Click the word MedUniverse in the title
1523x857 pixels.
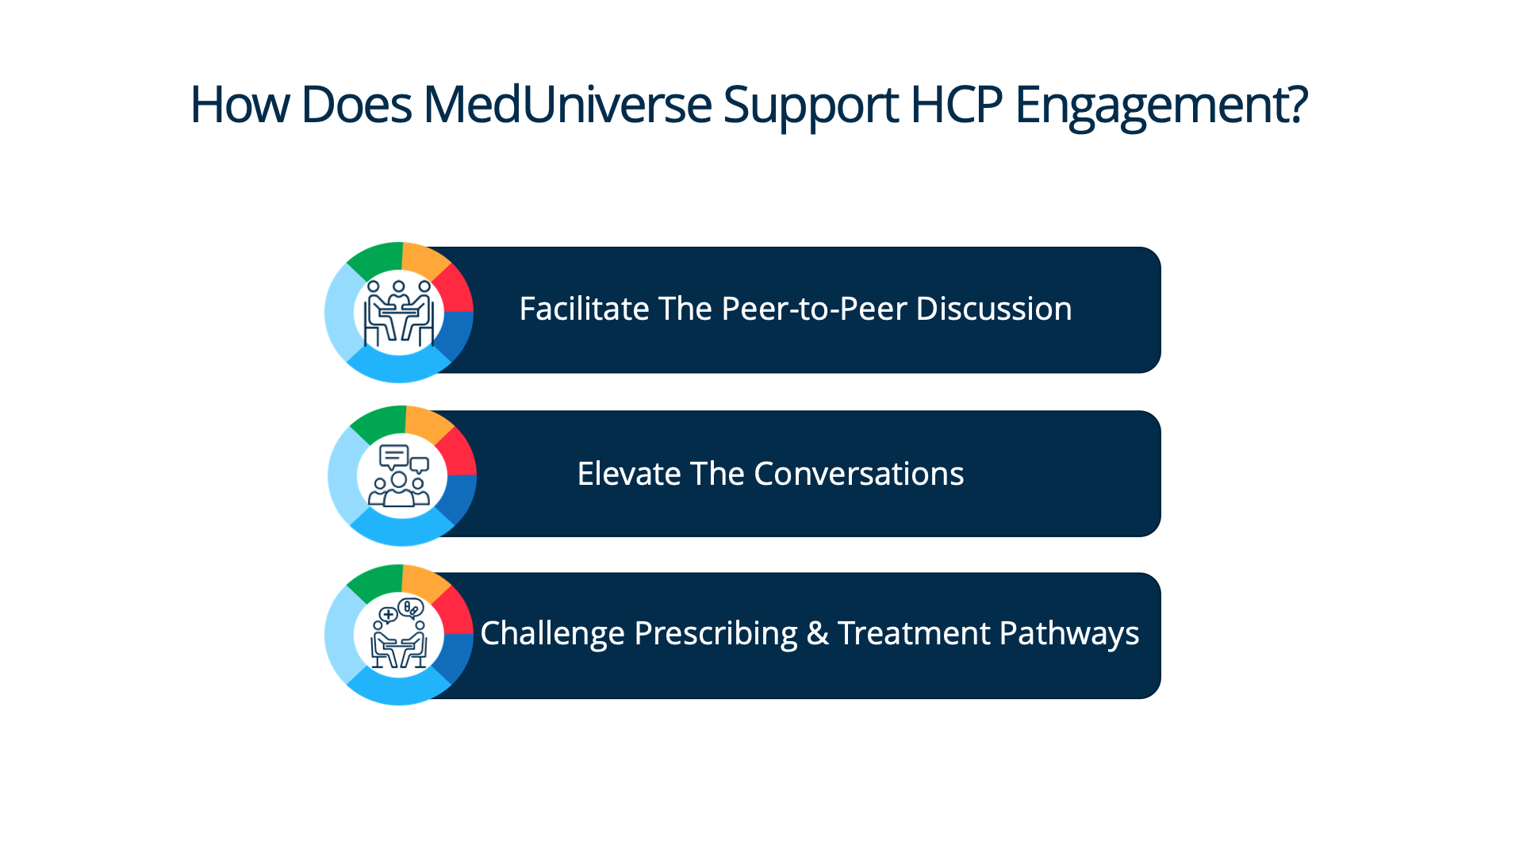[x=567, y=105]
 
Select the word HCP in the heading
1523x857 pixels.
[x=956, y=105]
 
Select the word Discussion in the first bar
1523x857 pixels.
[x=994, y=309]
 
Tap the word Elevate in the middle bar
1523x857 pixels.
[x=628, y=474]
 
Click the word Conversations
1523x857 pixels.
[x=859, y=474]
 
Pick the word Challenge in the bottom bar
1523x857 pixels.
[x=552, y=634]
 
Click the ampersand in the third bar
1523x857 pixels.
[x=817, y=633]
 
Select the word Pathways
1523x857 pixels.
[x=1069, y=634]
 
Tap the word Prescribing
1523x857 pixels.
[x=715, y=634]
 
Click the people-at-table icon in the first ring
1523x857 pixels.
[x=398, y=313]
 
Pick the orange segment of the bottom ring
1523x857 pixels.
[x=424, y=582]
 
